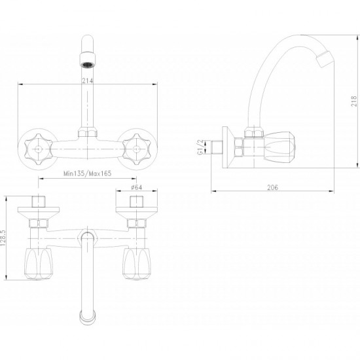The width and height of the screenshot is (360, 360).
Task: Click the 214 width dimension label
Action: (88, 81)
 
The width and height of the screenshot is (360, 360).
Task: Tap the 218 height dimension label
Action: (354, 101)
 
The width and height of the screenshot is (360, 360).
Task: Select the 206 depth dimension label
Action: (272, 188)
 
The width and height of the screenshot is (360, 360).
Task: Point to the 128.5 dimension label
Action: (3, 238)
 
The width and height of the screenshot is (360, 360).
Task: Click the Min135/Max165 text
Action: (87, 173)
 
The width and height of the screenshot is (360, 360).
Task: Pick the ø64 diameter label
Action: (136, 187)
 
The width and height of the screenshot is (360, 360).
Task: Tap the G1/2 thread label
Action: (200, 147)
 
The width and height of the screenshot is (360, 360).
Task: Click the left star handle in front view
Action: (39, 149)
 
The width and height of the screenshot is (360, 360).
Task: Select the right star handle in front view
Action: (136, 149)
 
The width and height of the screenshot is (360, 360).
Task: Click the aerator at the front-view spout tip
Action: (88, 61)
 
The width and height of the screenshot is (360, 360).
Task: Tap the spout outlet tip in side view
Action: (325, 59)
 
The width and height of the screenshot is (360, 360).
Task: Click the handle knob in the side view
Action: (279, 147)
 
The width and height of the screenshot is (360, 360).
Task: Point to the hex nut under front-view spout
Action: (88, 133)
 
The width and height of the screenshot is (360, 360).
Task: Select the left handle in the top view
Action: (39, 264)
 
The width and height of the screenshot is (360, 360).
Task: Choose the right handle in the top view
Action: (137, 264)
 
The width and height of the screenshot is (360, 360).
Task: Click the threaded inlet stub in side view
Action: (217, 147)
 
